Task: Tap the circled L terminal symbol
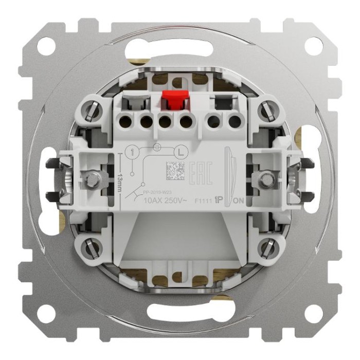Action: [181, 152]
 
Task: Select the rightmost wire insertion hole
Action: [235, 122]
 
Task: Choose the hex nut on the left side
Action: [93, 179]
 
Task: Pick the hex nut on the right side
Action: [266, 179]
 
